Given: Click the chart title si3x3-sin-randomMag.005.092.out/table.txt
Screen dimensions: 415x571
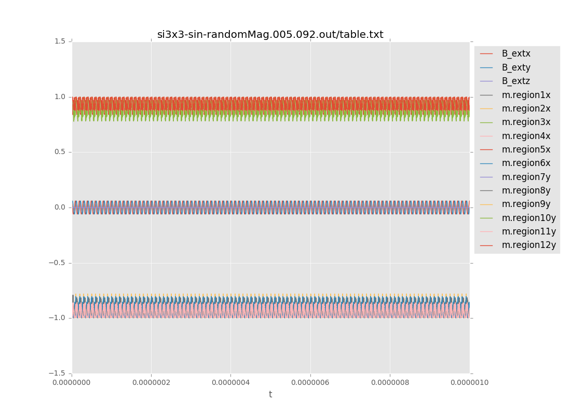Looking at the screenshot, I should tap(270, 35).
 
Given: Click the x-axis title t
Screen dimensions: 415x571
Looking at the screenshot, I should tap(270, 394).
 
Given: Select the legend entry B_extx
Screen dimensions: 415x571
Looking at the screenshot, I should tap(515, 53).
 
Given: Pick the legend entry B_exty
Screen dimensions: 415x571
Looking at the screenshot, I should tap(515, 67).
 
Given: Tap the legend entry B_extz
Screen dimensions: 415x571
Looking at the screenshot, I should tap(515, 81).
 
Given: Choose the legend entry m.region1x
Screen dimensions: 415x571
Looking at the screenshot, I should tap(525, 95).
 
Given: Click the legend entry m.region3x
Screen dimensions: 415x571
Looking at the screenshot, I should tap(525, 122).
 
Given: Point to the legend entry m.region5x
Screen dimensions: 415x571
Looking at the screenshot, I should tap(525, 149).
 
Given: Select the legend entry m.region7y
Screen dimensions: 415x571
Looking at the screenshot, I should tap(525, 177).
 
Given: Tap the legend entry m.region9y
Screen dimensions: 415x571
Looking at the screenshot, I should tap(525, 204).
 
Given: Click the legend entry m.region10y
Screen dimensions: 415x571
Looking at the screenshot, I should tap(528, 218).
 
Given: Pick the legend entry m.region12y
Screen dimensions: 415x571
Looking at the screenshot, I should tap(528, 245).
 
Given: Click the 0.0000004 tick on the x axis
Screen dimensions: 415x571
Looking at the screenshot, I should tap(230, 382).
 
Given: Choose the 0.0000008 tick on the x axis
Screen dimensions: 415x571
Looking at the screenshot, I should tap(390, 382).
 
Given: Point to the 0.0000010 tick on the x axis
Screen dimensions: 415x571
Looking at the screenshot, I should tap(469, 382).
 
